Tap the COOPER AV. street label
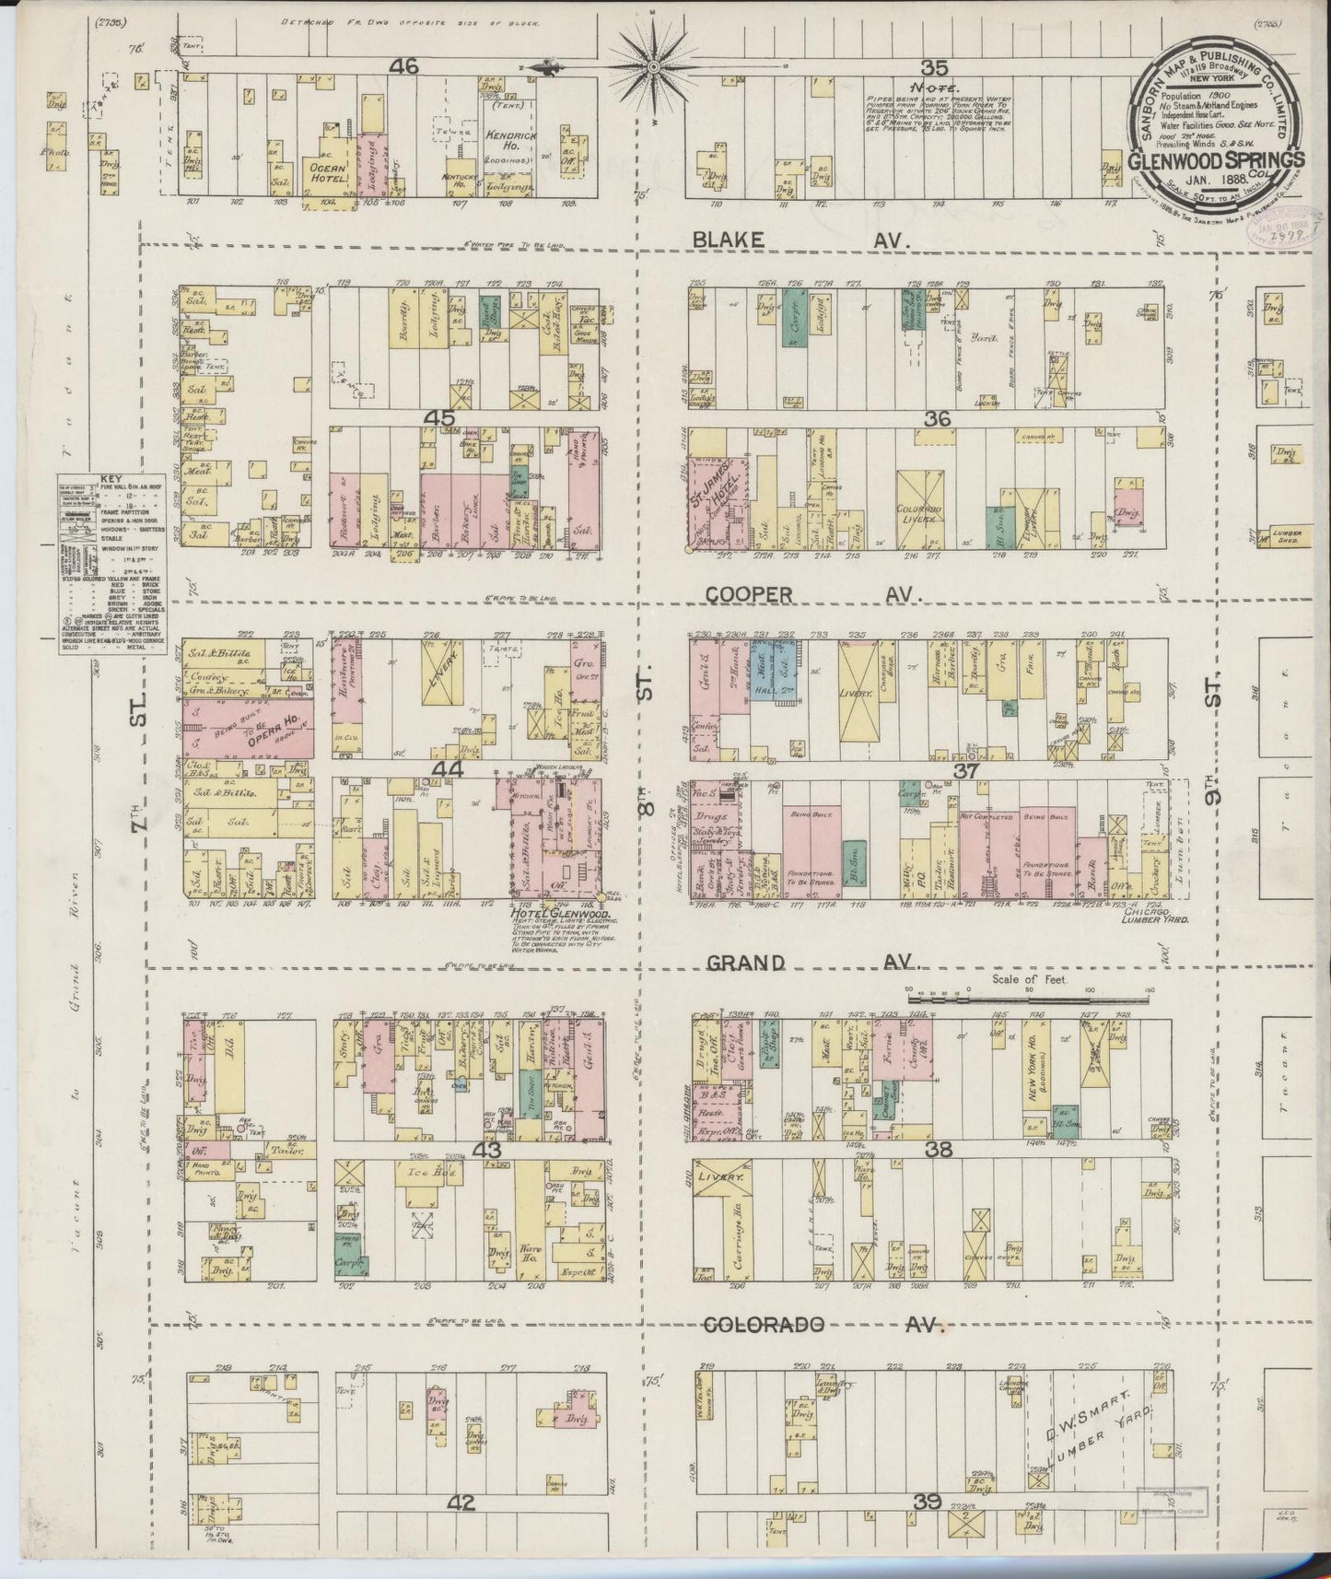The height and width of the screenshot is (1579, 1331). [x=810, y=596]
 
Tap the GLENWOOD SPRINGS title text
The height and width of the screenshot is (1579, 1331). [x=1216, y=158]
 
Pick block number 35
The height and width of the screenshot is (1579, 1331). [x=934, y=66]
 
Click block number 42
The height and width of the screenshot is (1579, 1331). [x=461, y=1503]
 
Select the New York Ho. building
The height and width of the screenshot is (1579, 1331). [x=1036, y=1069]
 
